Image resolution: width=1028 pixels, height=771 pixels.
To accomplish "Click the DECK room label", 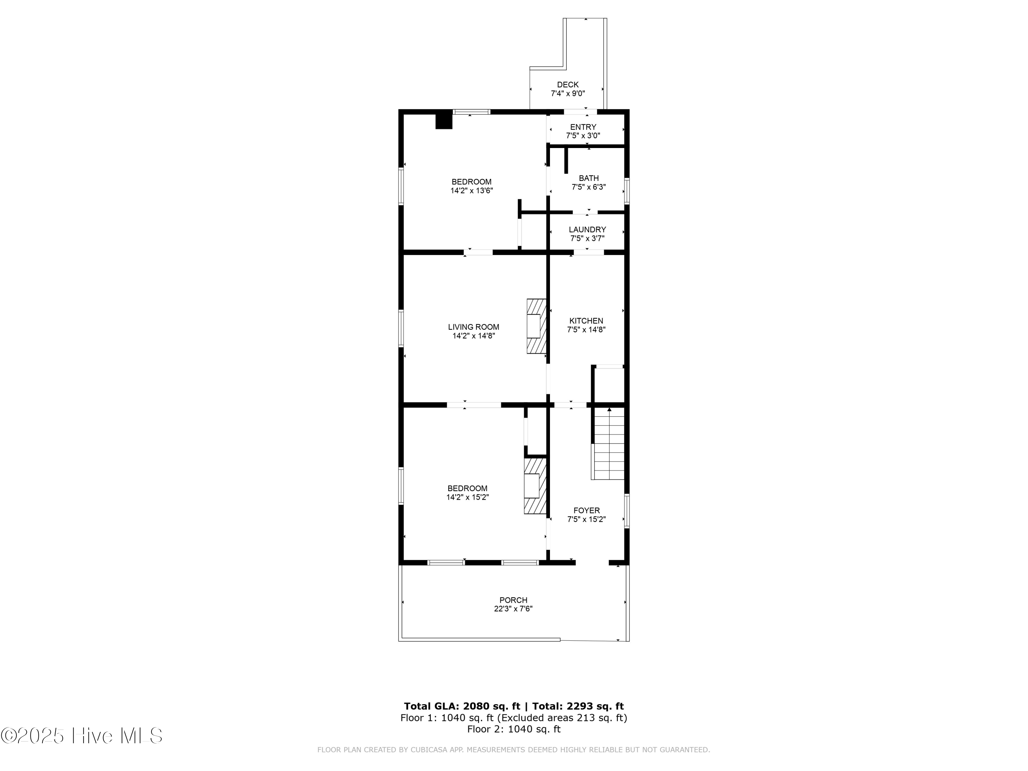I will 567,85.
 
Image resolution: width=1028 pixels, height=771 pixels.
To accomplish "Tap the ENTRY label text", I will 583,127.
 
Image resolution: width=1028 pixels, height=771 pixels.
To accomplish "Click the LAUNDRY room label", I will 587,230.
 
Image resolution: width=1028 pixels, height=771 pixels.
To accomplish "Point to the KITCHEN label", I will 586,321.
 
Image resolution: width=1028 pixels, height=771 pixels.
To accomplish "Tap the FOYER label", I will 586,510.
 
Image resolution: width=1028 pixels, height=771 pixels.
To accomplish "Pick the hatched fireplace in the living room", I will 536,326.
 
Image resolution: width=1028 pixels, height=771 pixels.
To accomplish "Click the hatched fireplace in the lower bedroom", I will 535,486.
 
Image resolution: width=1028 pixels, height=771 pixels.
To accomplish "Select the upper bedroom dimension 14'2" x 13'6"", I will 471,191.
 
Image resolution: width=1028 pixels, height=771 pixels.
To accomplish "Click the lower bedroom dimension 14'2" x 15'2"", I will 467,497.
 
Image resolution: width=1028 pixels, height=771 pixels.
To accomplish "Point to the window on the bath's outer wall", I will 626,191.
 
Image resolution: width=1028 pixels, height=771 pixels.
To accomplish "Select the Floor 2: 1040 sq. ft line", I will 514,729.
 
